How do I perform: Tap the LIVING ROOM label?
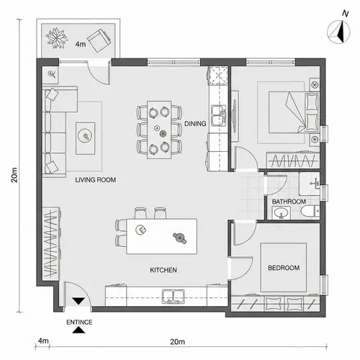(96, 179)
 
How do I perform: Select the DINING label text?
(195, 124)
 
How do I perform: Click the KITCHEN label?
(163, 270)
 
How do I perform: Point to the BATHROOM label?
(289, 202)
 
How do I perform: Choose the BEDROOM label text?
(283, 268)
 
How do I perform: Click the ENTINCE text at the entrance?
(78, 322)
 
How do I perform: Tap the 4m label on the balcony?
(81, 44)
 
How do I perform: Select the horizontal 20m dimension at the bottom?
(179, 340)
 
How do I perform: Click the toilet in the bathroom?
(308, 212)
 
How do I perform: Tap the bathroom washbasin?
(282, 214)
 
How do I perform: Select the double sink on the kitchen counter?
(173, 294)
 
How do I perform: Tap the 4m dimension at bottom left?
(43, 340)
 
